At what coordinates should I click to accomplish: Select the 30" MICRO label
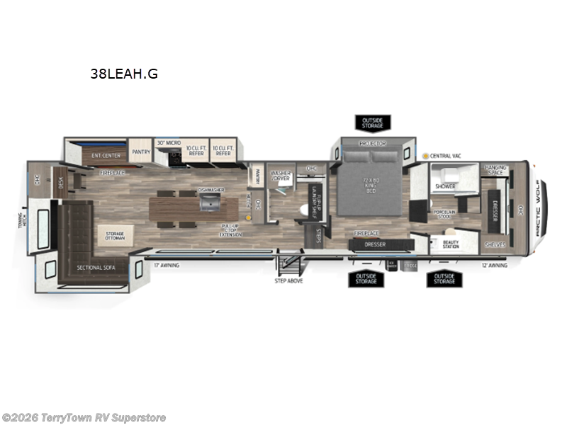(x=169, y=142)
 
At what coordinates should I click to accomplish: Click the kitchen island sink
(x=210, y=204)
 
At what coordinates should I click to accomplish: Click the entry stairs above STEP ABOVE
(x=290, y=267)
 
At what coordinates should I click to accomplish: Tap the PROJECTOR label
(x=371, y=144)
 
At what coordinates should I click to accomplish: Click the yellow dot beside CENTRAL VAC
(x=425, y=155)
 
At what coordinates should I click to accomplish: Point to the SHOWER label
(x=445, y=187)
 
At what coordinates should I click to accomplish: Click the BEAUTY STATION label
(x=451, y=244)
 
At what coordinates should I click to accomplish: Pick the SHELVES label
(x=495, y=244)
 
